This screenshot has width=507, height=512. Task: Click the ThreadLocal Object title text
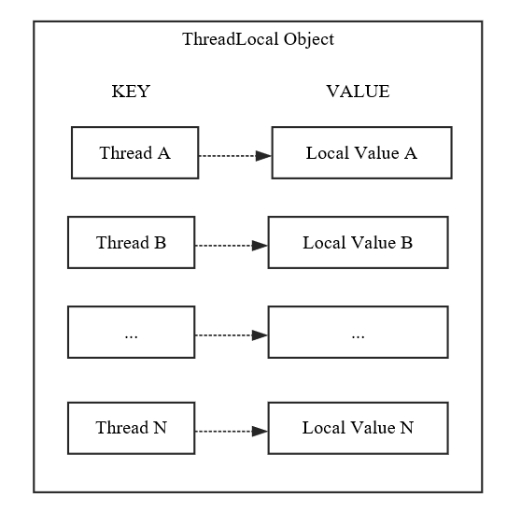258,39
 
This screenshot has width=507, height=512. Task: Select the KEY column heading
131,92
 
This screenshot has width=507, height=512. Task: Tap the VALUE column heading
358,92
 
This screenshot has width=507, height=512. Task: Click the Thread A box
134,152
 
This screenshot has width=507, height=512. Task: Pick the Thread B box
131,242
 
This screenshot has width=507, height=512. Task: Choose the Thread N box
131,428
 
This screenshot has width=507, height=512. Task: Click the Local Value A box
361,152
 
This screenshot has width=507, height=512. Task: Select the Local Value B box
358,242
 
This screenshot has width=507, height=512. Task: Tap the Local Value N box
358,428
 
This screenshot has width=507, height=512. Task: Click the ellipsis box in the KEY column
131,332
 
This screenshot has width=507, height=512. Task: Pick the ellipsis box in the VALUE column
358,332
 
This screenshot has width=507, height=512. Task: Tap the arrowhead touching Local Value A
264,155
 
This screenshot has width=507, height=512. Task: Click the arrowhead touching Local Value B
261,245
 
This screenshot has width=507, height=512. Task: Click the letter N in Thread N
160,428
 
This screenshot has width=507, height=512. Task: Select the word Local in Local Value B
321,242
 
